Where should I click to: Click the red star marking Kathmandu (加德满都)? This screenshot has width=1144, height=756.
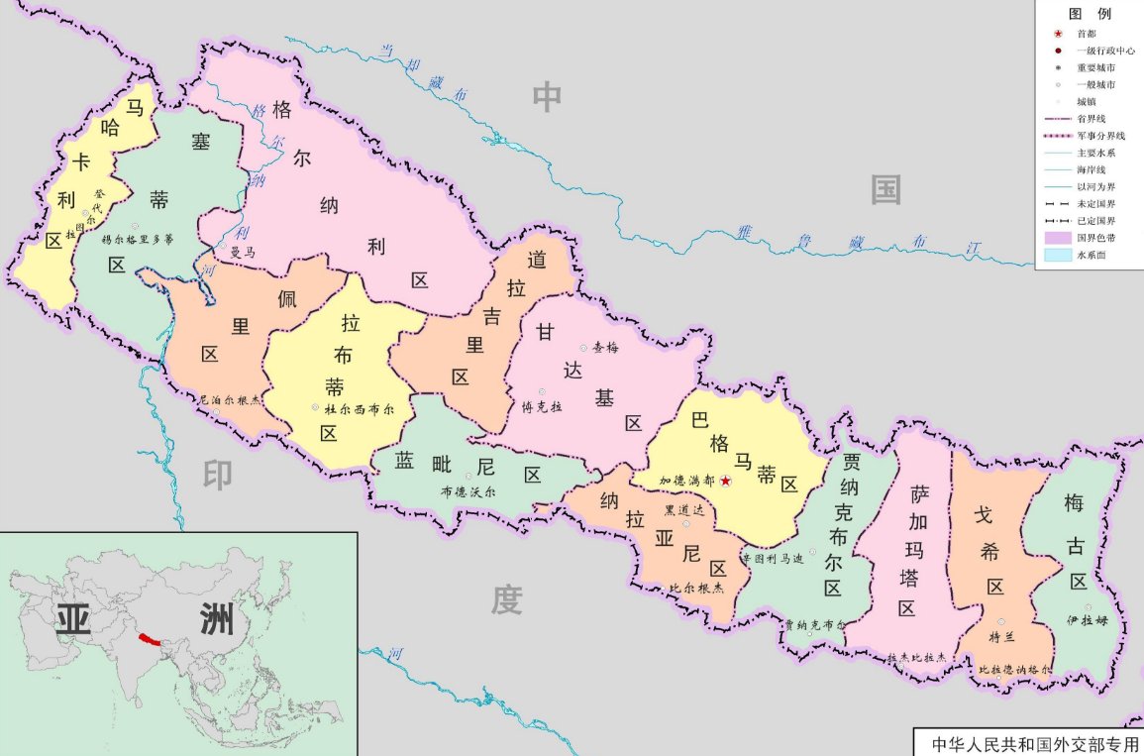tap(726, 481)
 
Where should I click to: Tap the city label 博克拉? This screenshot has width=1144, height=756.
tap(542, 406)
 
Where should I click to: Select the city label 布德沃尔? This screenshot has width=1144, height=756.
tap(468, 490)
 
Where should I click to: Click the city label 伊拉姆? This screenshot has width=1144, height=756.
tap(1087, 621)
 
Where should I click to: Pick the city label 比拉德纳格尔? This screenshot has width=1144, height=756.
tap(1016, 670)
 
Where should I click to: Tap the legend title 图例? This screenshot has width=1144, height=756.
tap(1089, 14)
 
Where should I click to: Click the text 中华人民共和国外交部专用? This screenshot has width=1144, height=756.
tap(1030, 743)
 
